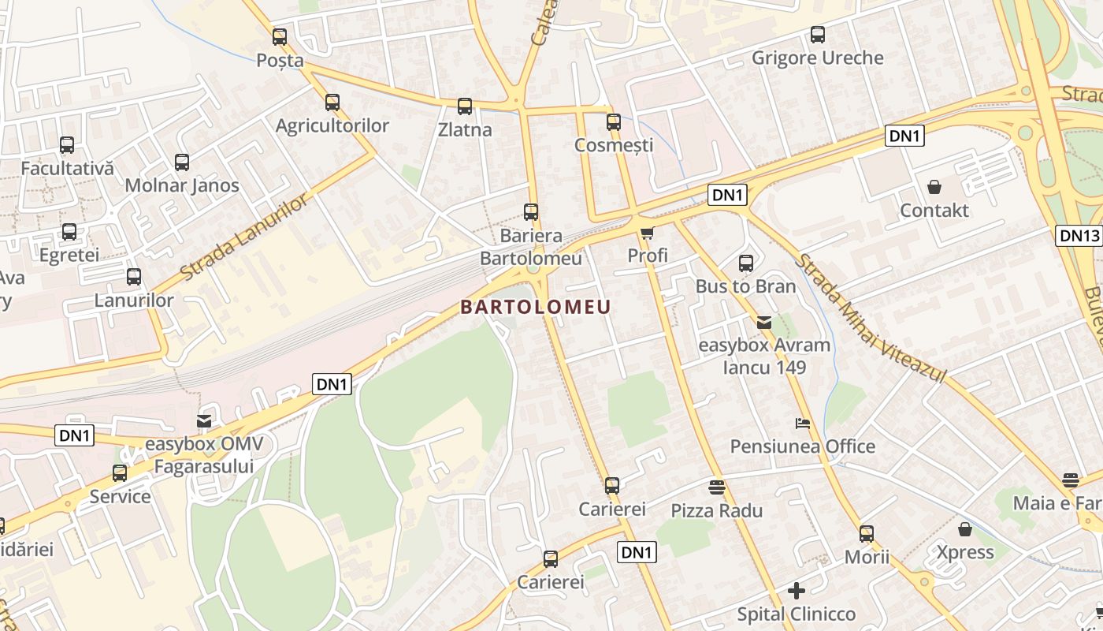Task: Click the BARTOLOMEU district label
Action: tap(536, 307)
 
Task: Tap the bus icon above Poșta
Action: tap(280, 36)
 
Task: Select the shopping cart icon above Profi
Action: tap(647, 232)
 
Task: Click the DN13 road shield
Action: tap(1079, 235)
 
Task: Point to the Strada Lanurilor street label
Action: tap(243, 237)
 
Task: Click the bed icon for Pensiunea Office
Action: tap(802, 424)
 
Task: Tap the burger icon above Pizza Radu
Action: tap(716, 487)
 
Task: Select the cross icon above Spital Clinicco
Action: tap(796, 590)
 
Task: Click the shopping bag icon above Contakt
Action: tap(934, 187)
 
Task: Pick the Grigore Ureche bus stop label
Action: tap(817, 58)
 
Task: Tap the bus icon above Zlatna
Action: tap(464, 106)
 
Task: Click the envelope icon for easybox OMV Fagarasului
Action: tap(204, 421)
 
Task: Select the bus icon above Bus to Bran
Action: tap(745, 263)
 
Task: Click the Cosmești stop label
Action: tap(614, 145)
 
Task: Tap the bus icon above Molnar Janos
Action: tap(182, 162)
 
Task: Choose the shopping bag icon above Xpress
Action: tap(964, 528)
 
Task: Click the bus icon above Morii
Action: tap(867, 534)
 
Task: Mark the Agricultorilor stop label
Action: tap(332, 125)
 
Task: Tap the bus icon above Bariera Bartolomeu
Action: tap(531, 212)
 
